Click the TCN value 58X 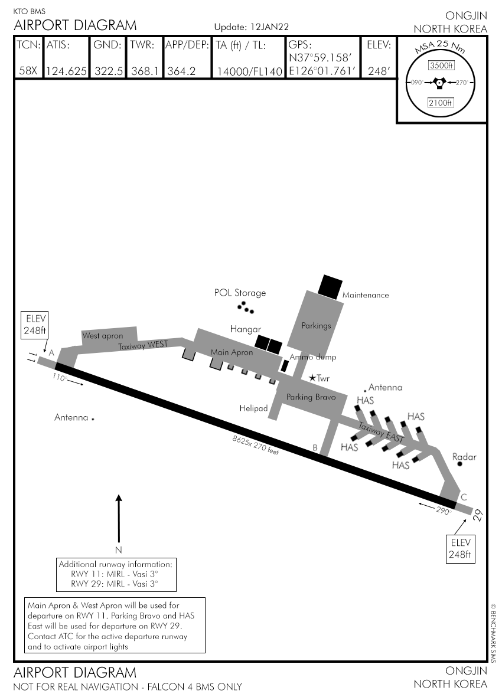(x=28, y=71)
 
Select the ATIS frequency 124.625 (x=67, y=71)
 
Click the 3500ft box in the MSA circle (x=441, y=65)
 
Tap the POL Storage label (x=240, y=293)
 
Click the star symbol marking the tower (x=312, y=378)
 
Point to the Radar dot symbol (x=460, y=464)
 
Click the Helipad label (x=254, y=408)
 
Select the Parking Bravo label (x=311, y=397)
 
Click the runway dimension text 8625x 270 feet (x=255, y=444)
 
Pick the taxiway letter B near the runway (x=315, y=448)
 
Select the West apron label (x=102, y=336)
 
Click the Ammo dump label (x=312, y=357)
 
